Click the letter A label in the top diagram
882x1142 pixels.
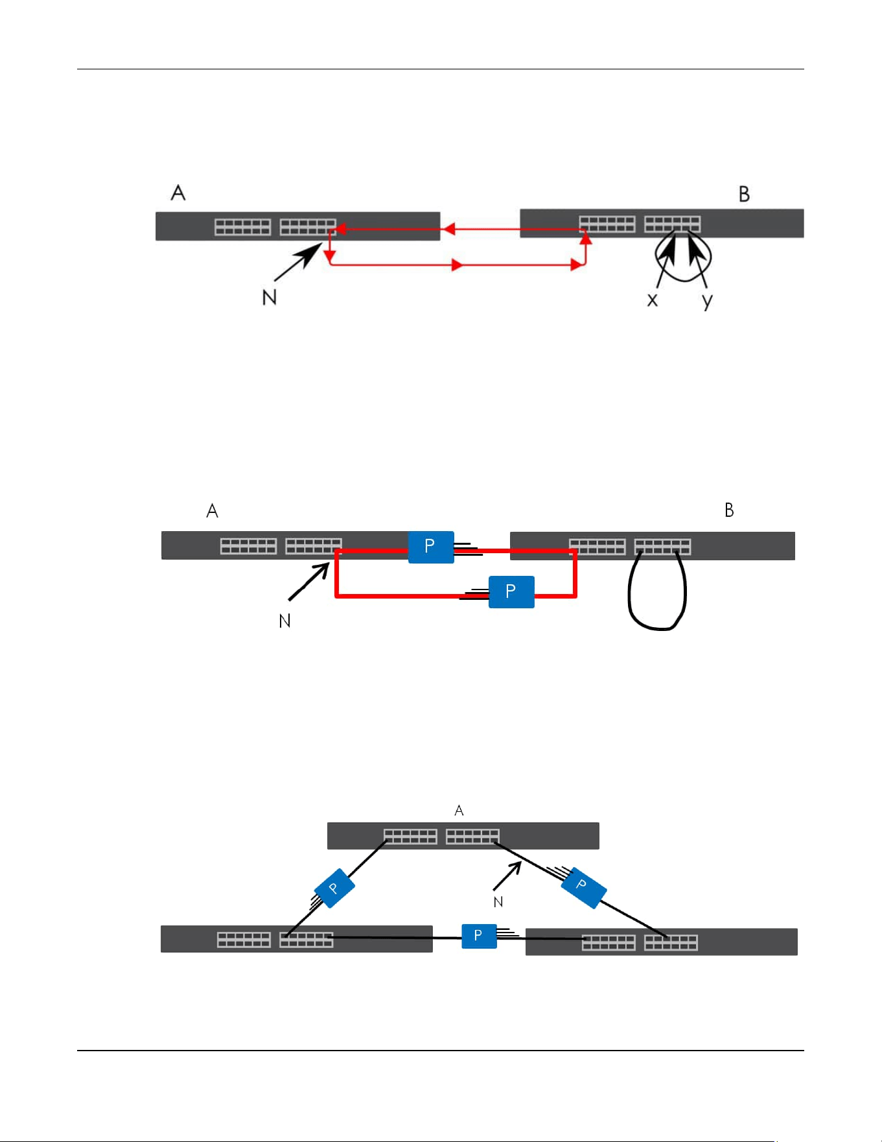coord(178,193)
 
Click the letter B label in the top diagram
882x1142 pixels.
coord(744,194)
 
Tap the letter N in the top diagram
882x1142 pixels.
coord(270,297)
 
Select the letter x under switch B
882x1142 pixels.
coord(653,300)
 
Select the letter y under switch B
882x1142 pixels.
coord(707,302)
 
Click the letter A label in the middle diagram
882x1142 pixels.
coord(212,511)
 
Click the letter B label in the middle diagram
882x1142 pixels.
coord(729,510)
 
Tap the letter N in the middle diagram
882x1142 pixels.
coord(284,621)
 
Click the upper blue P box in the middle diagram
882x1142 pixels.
coord(431,547)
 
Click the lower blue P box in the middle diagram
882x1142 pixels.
coord(511,591)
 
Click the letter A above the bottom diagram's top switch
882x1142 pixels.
coord(459,811)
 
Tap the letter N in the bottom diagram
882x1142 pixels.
coord(498,902)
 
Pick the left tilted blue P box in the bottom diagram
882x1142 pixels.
coord(334,888)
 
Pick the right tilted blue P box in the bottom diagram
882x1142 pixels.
coord(583,886)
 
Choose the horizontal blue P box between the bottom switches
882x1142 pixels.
coord(479,936)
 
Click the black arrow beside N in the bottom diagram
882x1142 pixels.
coord(507,875)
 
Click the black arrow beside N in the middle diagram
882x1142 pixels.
coord(309,582)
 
